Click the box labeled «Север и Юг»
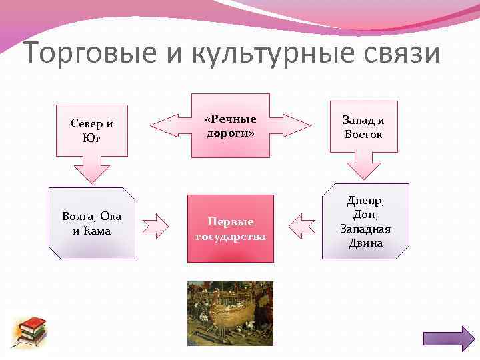tap(92, 131)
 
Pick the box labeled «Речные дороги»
tap(230, 125)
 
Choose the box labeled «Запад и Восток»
tap(363, 127)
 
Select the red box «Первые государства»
tap(230, 227)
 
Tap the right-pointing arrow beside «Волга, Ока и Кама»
tap(158, 226)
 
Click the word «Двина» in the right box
tap(365, 243)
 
